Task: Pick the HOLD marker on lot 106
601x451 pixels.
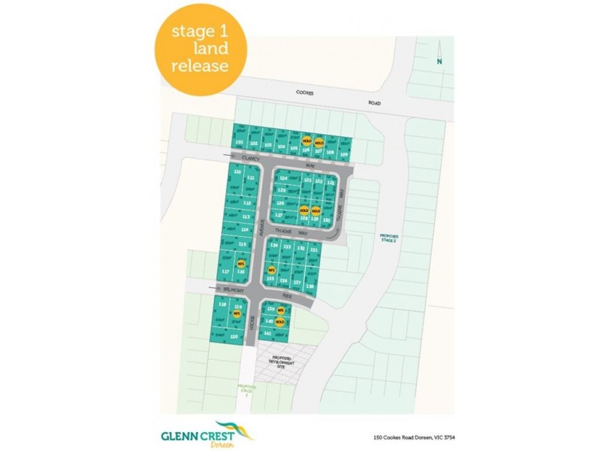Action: coord(307,141)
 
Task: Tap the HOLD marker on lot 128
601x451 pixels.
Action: coord(304,210)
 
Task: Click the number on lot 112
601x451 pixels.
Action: coord(246,203)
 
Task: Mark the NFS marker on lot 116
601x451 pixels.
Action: coord(241,265)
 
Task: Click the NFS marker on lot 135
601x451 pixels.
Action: coord(272,269)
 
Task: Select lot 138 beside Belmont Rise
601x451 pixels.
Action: coord(309,286)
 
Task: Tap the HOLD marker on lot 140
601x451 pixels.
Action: coord(279,322)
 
